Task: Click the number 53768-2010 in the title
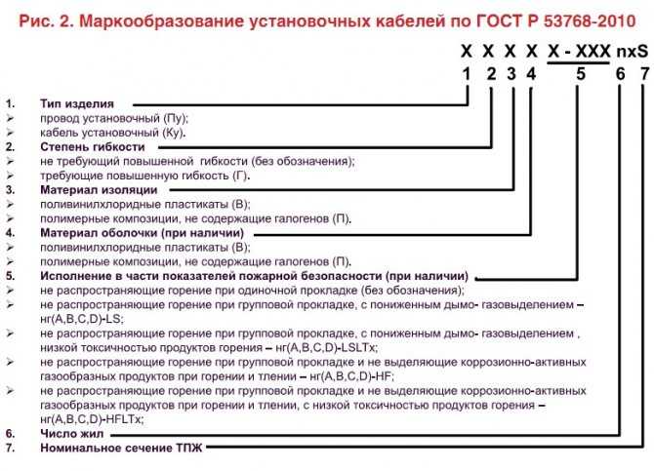[589, 21]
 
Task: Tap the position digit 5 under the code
[581, 74]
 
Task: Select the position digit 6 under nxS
[621, 74]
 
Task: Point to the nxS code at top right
[633, 52]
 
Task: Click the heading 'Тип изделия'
[77, 103]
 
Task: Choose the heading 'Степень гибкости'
[92, 146]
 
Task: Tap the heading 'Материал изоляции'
[99, 190]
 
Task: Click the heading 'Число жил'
[71, 434]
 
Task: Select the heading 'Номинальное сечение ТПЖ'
[121, 448]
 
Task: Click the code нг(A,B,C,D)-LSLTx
[327, 347]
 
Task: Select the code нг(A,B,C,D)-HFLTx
[92, 419]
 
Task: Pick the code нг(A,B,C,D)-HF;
[352, 376]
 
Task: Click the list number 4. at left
[10, 233]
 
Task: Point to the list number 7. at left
[10, 448]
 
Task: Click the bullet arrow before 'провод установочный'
[10, 118]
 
